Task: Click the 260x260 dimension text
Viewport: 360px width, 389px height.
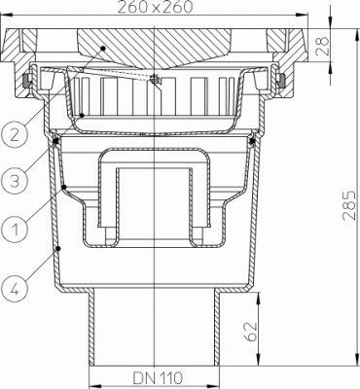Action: coord(157,9)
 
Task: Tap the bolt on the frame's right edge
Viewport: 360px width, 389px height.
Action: coord(283,81)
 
